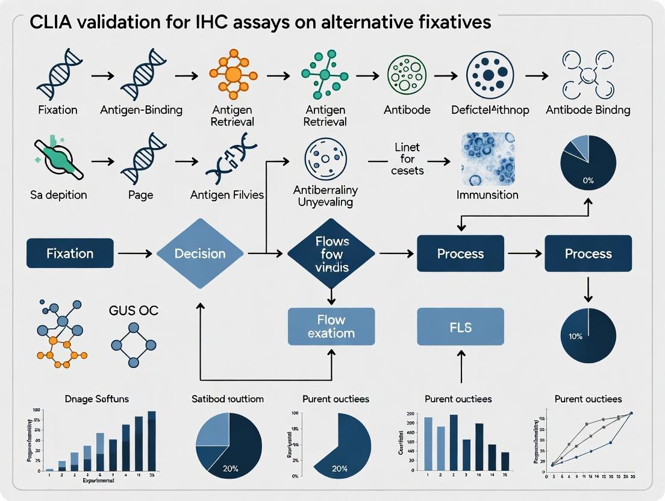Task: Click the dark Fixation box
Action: click(70, 254)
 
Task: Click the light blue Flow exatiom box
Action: click(331, 326)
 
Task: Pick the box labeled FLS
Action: click(460, 326)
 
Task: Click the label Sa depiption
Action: click(59, 194)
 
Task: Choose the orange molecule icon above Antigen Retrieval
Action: click(232, 75)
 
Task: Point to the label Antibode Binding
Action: click(588, 110)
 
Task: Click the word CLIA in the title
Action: click(45, 22)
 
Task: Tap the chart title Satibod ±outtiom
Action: click(228, 399)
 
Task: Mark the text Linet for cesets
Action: click(407, 159)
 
